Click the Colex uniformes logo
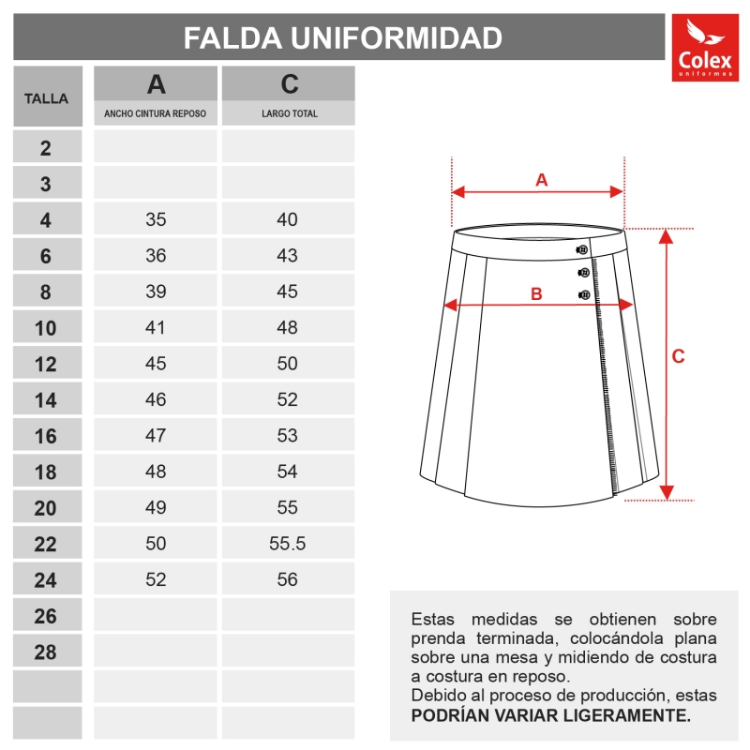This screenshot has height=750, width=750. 705,49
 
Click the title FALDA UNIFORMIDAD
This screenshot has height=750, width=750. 342,37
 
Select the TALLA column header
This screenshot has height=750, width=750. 46,97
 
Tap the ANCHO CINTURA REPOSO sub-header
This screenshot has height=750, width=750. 156,114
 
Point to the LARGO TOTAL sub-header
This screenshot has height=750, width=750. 289,114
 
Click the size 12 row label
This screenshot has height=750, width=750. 46,365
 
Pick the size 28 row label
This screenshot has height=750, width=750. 46,652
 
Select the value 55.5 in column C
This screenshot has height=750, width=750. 288,544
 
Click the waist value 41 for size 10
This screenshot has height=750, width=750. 156,328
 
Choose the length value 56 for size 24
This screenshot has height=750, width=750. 288,580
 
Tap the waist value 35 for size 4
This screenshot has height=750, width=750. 156,220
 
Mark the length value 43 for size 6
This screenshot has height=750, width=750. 288,256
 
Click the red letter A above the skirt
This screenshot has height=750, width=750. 541,180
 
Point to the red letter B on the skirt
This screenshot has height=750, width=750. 536,293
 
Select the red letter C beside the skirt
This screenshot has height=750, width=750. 679,356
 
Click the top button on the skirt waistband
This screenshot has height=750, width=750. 582,249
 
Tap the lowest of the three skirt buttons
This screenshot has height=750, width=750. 584,295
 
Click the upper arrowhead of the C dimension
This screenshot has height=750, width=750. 666,234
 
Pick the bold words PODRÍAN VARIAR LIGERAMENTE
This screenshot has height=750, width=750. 551,715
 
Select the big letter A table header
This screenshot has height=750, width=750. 156,84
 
